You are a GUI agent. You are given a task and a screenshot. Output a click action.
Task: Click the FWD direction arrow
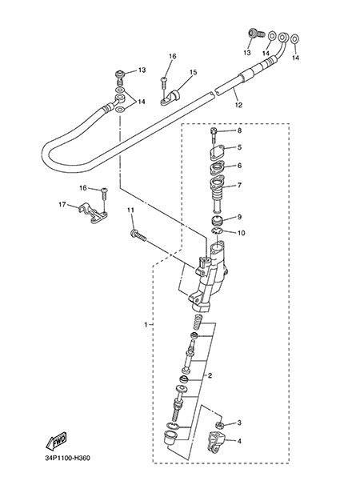click(x=56, y=441)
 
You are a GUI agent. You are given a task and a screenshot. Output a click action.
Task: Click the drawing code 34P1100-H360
click(x=67, y=458)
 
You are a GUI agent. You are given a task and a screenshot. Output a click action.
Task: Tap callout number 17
click(x=62, y=205)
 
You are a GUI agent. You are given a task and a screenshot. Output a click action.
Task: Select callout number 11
click(x=130, y=210)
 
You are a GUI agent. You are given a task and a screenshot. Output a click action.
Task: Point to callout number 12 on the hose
click(x=238, y=105)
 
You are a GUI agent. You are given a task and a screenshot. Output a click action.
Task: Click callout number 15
click(x=193, y=72)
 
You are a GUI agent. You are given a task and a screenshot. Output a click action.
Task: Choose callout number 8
click(x=239, y=130)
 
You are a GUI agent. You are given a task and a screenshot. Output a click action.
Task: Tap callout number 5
click(x=239, y=147)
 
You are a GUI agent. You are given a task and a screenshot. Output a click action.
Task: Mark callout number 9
click(x=239, y=217)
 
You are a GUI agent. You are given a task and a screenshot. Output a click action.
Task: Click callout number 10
click(x=241, y=233)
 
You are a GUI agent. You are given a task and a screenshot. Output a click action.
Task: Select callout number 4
click(x=239, y=441)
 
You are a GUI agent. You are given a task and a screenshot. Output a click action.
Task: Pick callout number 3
click(x=239, y=423)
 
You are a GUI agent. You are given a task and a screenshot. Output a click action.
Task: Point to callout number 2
click(x=210, y=376)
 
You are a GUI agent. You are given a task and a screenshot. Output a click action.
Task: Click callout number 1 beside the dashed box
click(x=146, y=325)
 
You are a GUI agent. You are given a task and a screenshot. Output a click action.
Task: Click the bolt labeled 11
click(x=138, y=236)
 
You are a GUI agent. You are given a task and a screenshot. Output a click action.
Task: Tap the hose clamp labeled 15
click(x=170, y=98)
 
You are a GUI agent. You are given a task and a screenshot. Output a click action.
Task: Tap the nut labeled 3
click(x=219, y=424)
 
